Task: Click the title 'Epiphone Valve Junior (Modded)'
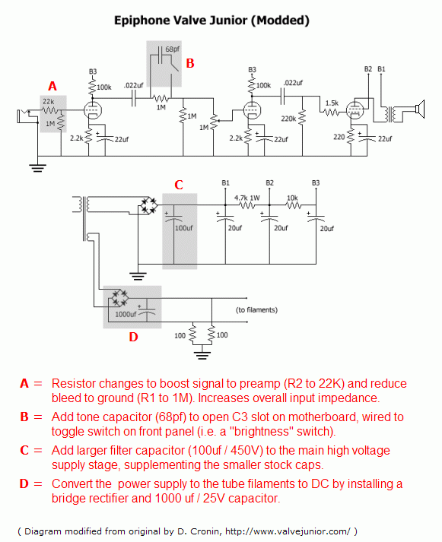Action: (x=211, y=21)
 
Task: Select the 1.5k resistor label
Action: (x=332, y=103)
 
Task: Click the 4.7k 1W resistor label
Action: (x=247, y=197)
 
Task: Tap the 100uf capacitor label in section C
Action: (x=183, y=228)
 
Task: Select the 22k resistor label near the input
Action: (x=47, y=101)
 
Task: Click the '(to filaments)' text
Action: (x=256, y=310)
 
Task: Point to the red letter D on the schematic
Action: (x=133, y=337)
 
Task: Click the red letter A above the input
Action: (x=52, y=86)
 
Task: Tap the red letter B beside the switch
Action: (x=190, y=62)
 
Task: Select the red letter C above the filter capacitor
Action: (x=179, y=185)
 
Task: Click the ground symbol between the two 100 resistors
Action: (x=202, y=353)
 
